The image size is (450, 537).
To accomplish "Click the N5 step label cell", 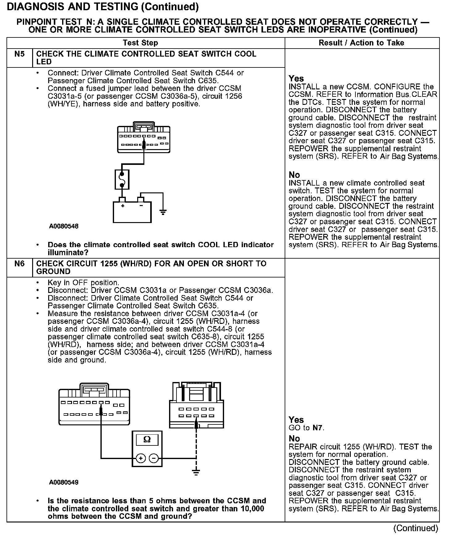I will pos(19,54).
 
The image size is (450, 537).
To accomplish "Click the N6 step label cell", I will pos(19,264).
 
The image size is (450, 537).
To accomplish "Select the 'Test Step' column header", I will pos(140,43).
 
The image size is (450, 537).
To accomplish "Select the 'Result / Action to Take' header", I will pos(361,43).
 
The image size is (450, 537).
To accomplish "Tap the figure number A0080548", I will pos(64,226).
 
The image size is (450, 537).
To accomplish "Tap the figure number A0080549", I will pos(64,482).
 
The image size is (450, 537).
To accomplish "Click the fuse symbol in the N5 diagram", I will pos(122,179).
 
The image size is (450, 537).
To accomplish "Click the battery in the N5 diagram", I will pos(132,212).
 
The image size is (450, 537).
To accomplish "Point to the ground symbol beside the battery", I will pos(163,212).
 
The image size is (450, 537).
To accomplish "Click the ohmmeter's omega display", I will pos(147,440).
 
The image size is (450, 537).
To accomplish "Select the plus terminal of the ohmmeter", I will pos(141,458).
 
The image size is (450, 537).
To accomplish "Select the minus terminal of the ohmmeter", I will pos(154,458).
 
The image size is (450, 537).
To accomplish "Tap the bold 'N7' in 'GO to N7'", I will pos(318,428).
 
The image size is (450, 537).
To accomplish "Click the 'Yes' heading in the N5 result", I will pos(296,79).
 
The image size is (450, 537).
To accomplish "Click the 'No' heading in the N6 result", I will pos(294,439).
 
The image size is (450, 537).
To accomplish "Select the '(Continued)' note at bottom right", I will pos(416,528).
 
